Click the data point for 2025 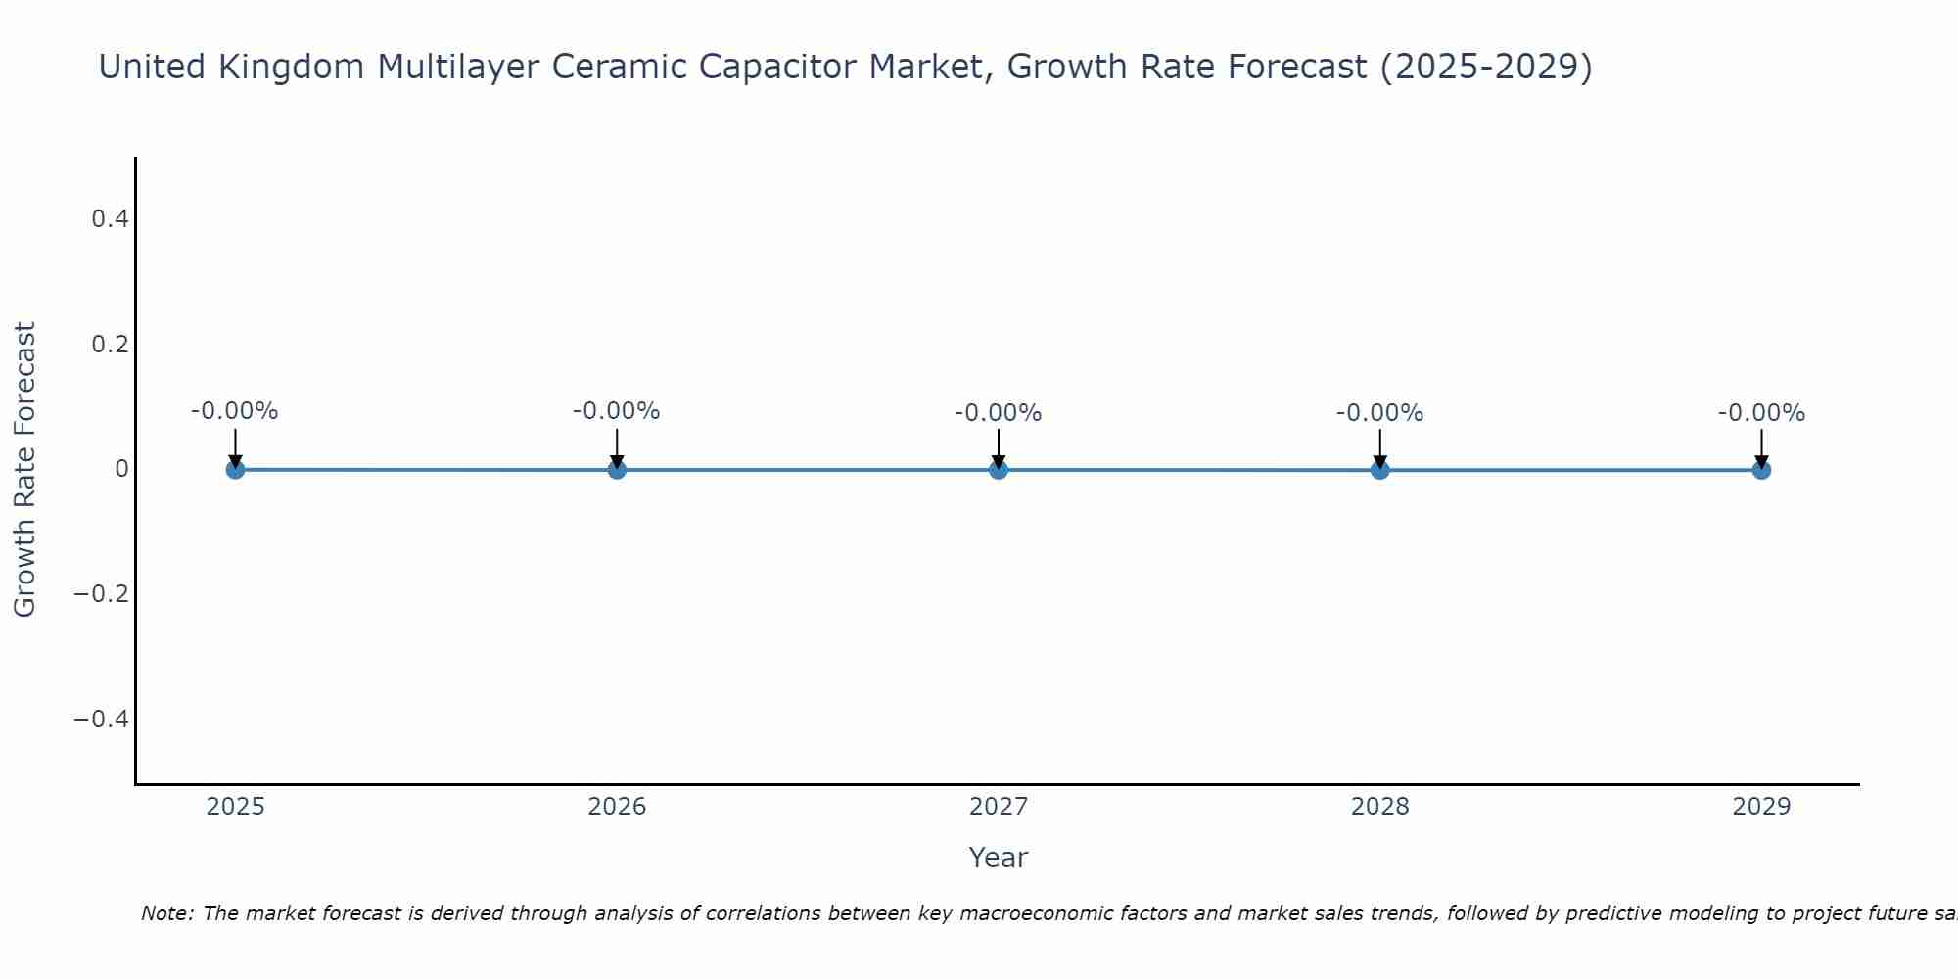[x=235, y=469]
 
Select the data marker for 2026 [x=617, y=469]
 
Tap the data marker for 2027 [x=999, y=469]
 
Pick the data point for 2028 [x=1379, y=470]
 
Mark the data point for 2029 [x=1761, y=470]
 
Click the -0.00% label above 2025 [x=235, y=411]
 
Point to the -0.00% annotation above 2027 [x=999, y=413]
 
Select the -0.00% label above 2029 [x=1761, y=413]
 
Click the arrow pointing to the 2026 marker [x=617, y=446]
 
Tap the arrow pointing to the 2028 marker [x=1379, y=447]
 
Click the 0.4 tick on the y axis [x=110, y=219]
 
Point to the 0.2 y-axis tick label [x=110, y=345]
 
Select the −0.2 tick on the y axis [x=102, y=594]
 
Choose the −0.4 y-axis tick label [x=102, y=720]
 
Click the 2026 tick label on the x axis [x=617, y=807]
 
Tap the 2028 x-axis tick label [x=1379, y=807]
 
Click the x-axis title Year [x=998, y=858]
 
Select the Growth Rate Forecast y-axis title [x=25, y=470]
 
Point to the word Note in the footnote [x=166, y=913]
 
